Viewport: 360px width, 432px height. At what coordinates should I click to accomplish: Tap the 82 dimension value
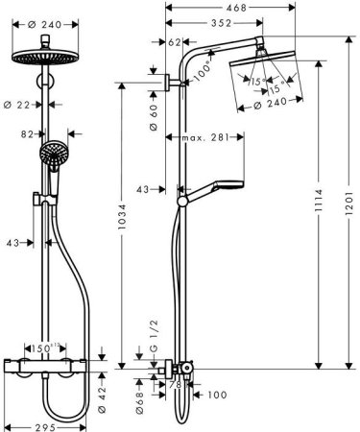pos(27,137)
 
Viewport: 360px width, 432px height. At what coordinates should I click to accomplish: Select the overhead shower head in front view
pos(45,59)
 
